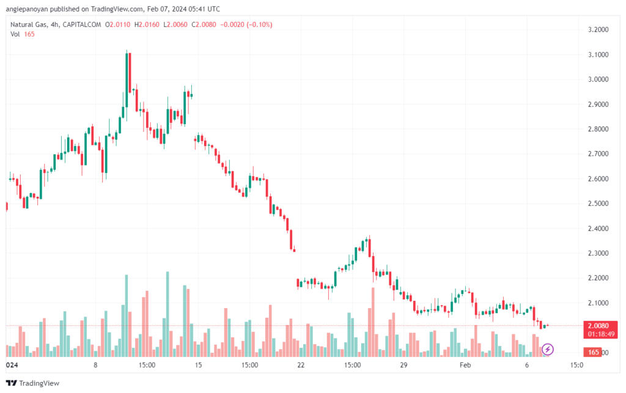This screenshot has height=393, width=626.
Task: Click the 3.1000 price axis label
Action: click(598, 54)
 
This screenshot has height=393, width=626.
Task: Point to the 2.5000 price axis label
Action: click(598, 204)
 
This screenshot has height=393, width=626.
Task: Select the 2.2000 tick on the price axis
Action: click(598, 278)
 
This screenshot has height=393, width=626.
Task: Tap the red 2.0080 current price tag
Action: click(598, 326)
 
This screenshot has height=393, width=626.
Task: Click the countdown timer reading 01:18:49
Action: click(601, 334)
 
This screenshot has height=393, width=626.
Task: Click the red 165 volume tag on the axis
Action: click(593, 352)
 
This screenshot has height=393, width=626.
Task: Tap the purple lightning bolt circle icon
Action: click(548, 350)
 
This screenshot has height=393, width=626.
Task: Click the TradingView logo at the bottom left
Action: click(33, 383)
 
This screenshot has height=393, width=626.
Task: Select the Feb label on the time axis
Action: click(465, 365)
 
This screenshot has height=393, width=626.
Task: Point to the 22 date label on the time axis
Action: click(301, 365)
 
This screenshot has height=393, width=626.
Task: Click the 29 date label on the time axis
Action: click(403, 365)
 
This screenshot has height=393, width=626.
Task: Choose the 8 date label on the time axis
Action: click(95, 365)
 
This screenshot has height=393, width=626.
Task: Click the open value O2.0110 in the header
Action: click(118, 24)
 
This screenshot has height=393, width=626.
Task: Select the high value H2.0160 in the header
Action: click(147, 24)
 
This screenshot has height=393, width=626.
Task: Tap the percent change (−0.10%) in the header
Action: click(259, 24)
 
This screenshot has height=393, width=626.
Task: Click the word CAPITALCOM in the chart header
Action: click(82, 24)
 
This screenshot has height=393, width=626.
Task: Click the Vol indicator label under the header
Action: click(15, 34)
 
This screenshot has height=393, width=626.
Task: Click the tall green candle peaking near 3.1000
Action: click(127, 80)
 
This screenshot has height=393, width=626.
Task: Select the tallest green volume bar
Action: click(168, 314)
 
